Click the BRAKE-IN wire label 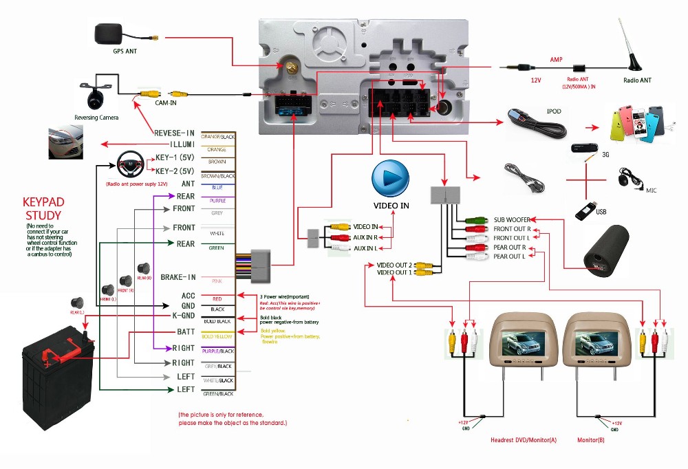pyautogui.click(x=178, y=277)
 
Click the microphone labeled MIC pyautogui.click(x=625, y=179)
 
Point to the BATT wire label pyautogui.click(x=186, y=331)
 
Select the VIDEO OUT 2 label pyautogui.click(x=394, y=265)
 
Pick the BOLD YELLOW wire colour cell pyautogui.click(x=217, y=336)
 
